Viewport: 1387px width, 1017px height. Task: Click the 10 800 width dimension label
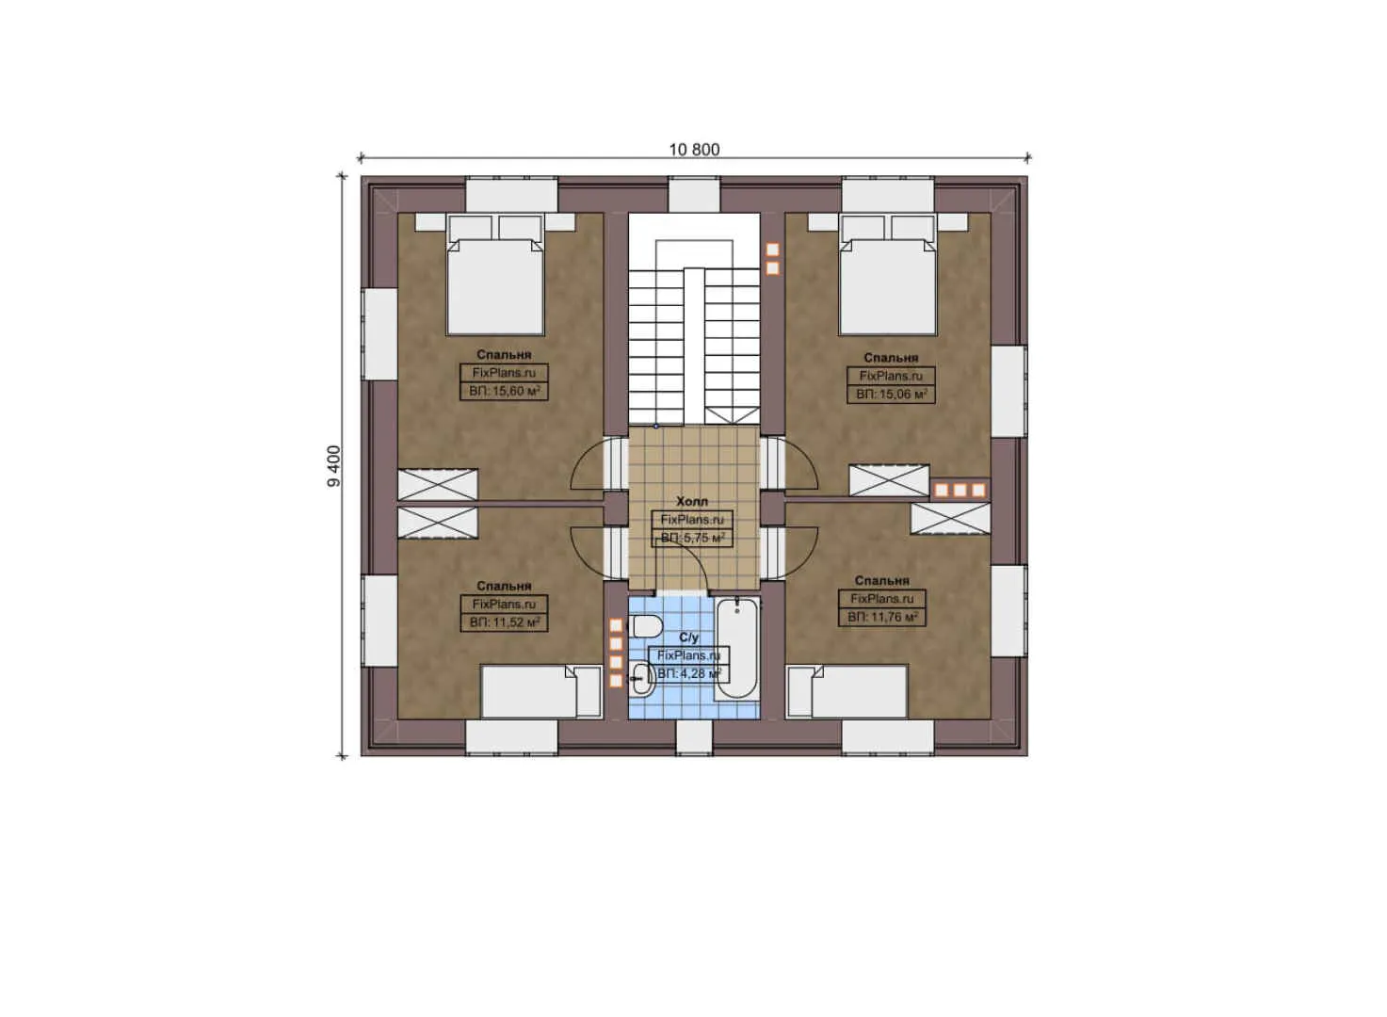[x=694, y=150]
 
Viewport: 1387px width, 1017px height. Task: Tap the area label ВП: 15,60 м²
[x=504, y=391]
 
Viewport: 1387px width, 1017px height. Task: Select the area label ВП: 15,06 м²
[x=891, y=394]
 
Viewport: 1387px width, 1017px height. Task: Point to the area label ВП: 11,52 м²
[x=504, y=622]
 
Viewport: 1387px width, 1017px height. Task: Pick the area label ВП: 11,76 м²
[x=881, y=617]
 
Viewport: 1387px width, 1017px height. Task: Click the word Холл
[x=692, y=502]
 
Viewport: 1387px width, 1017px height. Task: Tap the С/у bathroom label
[x=688, y=638]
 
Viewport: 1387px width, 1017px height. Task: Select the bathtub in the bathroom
[x=736, y=648]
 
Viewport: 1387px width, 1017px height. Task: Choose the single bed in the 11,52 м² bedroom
[x=540, y=692]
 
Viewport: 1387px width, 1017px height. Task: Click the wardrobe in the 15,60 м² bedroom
[x=437, y=484]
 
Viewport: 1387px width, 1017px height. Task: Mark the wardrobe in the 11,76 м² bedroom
[x=950, y=519]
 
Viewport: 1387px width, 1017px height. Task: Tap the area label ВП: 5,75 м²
[x=692, y=538]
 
